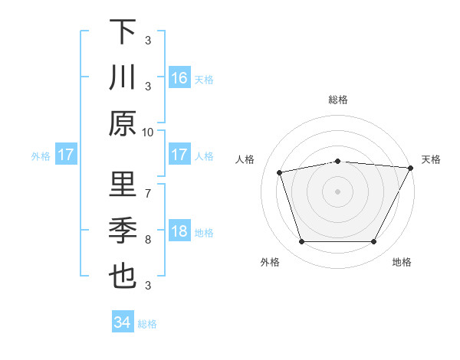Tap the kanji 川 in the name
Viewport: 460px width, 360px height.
[123, 77]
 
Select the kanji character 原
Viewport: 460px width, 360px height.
[123, 123]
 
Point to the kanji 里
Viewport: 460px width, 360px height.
[123, 185]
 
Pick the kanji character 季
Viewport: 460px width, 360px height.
[123, 231]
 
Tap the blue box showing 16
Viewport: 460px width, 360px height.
[179, 77]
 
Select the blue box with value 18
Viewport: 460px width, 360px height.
[179, 231]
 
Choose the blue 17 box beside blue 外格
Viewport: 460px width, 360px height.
[66, 155]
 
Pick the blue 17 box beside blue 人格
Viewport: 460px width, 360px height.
[179, 155]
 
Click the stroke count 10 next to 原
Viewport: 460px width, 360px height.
[148, 132]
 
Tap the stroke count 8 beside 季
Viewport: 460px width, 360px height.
[148, 239]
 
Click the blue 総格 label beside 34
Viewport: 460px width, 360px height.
[147, 324]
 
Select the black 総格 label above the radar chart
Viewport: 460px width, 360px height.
[337, 100]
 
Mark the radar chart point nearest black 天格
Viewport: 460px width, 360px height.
[411, 168]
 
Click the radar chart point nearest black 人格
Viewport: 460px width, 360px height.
[280, 172]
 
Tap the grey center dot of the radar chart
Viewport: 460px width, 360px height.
[337, 191]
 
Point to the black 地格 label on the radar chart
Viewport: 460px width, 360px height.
[402, 263]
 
